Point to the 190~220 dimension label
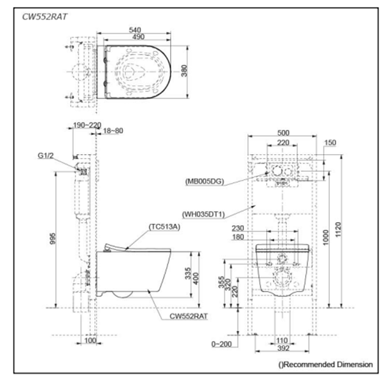[x=87, y=125]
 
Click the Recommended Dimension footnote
[x=326, y=365]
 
